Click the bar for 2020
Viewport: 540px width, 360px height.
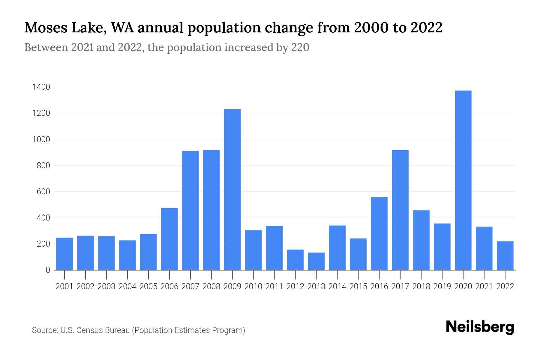(x=463, y=180)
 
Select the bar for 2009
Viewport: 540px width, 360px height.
(x=232, y=189)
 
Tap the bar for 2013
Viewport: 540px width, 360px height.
(x=316, y=261)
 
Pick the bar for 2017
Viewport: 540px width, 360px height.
(x=400, y=210)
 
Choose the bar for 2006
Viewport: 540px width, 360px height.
(x=169, y=239)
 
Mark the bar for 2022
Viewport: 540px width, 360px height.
(x=505, y=256)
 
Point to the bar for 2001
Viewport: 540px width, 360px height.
(x=64, y=254)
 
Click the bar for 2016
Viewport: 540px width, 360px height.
(x=379, y=233)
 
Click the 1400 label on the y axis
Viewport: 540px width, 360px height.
(x=41, y=87)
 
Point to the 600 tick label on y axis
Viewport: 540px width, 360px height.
(x=43, y=192)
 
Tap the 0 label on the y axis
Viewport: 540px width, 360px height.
(x=48, y=270)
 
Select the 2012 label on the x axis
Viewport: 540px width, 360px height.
(x=295, y=286)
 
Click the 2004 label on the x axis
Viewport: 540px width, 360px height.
(x=127, y=286)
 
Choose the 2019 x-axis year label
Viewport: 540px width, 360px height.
(x=442, y=286)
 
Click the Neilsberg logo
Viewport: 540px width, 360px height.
(x=480, y=327)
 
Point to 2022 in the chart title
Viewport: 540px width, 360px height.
(x=426, y=28)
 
